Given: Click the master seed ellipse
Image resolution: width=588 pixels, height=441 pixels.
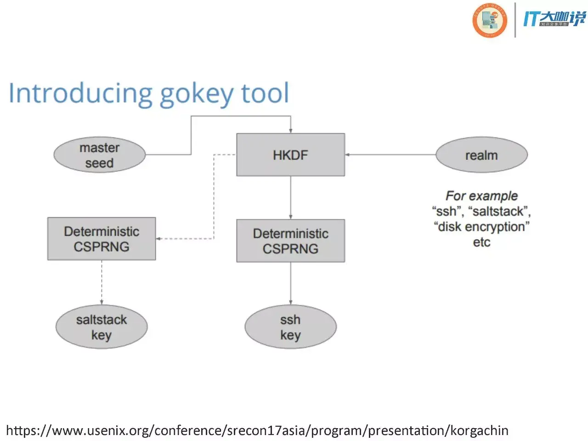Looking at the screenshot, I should (100, 155).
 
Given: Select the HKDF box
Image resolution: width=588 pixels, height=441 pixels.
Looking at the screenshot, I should (290, 155).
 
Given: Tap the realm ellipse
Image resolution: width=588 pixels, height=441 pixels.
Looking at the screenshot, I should (481, 155).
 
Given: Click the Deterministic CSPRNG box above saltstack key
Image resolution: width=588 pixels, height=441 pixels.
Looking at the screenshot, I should (102, 239).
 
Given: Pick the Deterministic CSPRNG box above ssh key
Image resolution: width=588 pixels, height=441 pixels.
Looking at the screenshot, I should (290, 241).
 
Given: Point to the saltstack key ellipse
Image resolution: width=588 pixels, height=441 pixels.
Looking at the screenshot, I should (102, 327).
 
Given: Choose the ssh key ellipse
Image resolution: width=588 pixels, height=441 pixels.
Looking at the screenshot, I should (290, 327).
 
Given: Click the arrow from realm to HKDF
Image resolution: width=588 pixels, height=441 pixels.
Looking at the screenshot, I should (390, 155).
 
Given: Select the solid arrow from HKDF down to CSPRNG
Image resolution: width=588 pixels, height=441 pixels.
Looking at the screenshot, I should (290, 198).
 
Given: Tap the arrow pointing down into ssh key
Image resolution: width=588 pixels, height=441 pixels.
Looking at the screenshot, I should (290, 283).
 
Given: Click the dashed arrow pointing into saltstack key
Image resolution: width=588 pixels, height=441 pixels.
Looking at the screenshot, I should (102, 283).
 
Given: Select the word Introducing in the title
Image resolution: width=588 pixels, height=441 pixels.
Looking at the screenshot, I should (80, 93).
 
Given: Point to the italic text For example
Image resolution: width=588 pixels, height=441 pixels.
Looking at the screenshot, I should (481, 196).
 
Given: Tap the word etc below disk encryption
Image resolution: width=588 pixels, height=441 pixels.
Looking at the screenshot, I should (481, 242).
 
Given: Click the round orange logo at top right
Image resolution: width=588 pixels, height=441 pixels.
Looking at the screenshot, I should (490, 20).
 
